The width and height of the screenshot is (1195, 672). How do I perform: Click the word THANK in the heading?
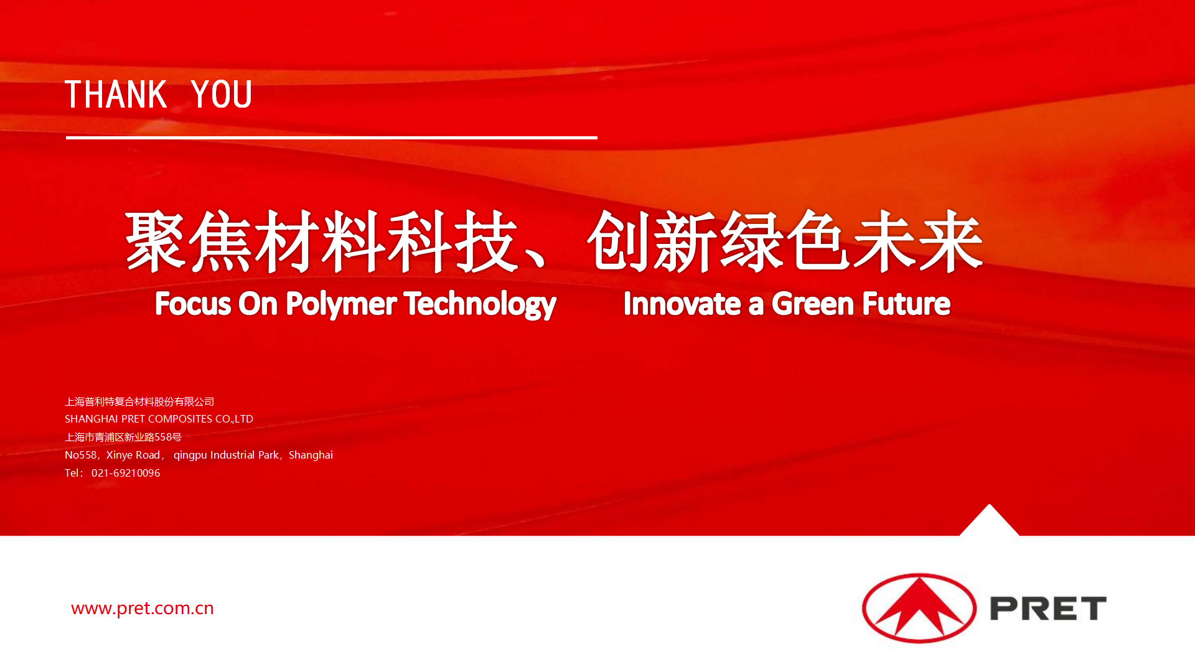click(x=116, y=95)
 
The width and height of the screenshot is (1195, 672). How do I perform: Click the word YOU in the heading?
click(x=222, y=95)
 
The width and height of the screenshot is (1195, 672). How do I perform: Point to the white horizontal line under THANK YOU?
click(x=332, y=138)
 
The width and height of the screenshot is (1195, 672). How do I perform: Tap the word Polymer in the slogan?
click(x=341, y=304)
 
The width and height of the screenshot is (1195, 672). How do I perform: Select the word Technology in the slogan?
click(x=480, y=304)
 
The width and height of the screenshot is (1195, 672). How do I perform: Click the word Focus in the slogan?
click(x=193, y=304)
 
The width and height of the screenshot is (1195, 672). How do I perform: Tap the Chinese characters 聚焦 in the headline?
click(x=189, y=241)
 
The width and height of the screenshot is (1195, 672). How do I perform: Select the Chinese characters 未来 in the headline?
click(x=919, y=241)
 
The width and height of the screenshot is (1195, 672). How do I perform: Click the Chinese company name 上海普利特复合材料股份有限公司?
click(x=139, y=402)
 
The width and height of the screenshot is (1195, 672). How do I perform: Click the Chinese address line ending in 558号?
click(x=123, y=437)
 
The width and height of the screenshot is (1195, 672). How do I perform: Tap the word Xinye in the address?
click(x=119, y=455)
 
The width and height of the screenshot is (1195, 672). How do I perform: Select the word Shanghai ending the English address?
click(x=311, y=455)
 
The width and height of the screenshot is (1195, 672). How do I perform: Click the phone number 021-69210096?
click(x=126, y=473)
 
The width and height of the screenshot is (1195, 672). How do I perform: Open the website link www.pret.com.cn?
click(x=143, y=608)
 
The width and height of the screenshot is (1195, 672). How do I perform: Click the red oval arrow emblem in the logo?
click(x=919, y=608)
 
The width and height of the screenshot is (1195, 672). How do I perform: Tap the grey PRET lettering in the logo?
click(x=1048, y=609)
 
